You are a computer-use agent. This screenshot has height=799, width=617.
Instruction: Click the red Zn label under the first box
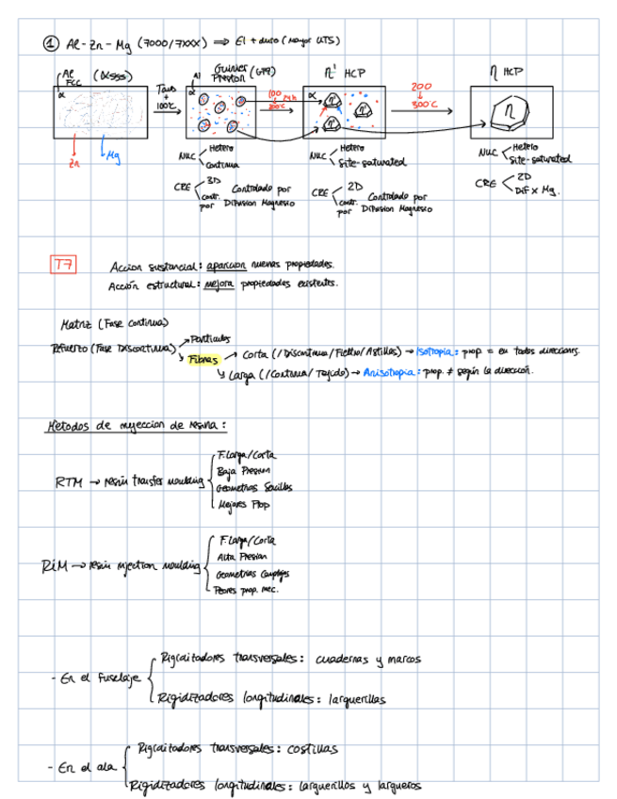click(73, 162)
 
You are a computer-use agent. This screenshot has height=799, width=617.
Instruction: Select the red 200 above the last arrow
click(421, 88)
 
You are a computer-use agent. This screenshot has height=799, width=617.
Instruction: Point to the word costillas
click(313, 747)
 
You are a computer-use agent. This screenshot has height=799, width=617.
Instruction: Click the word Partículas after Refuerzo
click(210, 337)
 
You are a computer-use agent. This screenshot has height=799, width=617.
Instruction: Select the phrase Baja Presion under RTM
click(243, 471)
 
